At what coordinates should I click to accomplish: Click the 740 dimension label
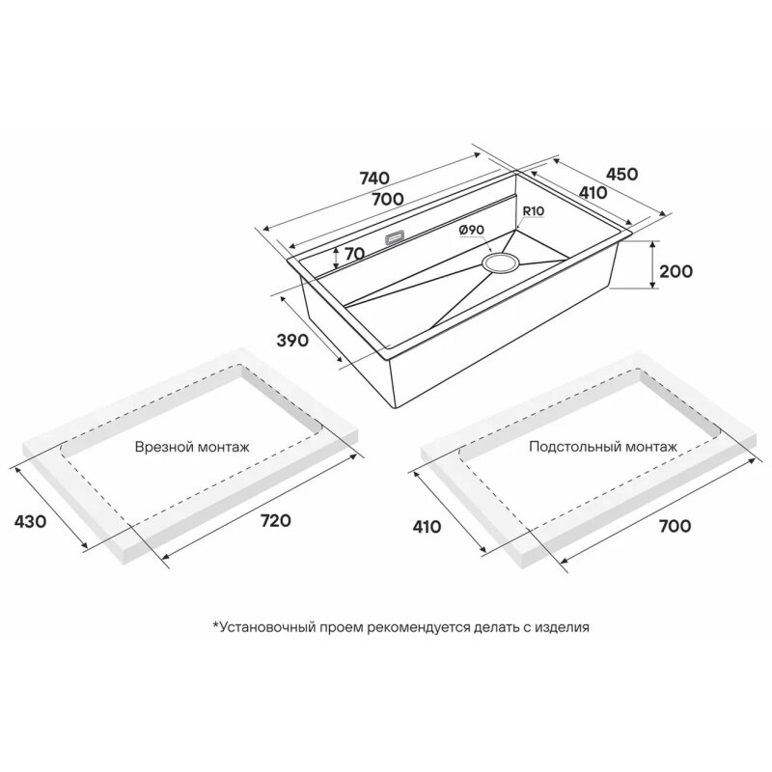(x=375, y=178)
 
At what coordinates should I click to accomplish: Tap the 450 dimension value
(x=621, y=174)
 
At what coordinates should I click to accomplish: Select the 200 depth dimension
(x=675, y=271)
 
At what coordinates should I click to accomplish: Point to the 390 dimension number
(x=292, y=341)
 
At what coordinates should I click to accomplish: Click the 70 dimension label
(x=354, y=254)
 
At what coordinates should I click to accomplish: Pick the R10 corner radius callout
(x=533, y=211)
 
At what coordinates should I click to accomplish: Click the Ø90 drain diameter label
(x=471, y=230)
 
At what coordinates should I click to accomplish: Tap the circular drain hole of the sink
(x=500, y=262)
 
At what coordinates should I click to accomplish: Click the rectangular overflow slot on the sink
(x=395, y=236)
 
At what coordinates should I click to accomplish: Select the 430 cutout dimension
(x=30, y=521)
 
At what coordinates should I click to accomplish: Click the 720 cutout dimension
(x=275, y=520)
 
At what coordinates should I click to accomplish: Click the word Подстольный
(x=574, y=447)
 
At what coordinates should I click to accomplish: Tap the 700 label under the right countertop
(x=675, y=526)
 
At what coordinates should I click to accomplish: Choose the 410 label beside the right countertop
(x=427, y=527)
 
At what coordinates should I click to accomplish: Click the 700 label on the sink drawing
(x=388, y=200)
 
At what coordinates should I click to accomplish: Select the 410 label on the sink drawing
(x=593, y=193)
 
